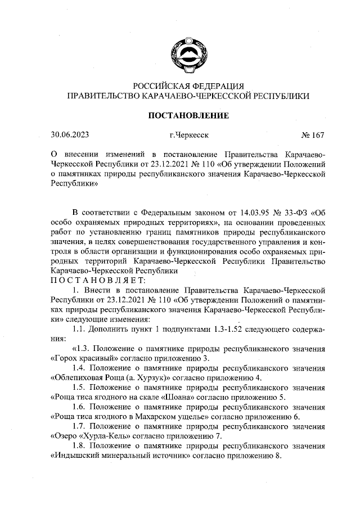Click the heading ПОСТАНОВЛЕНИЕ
(188, 116)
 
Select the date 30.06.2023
(69, 135)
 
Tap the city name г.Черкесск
(188, 135)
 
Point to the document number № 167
(313, 135)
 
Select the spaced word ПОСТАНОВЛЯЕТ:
(98, 280)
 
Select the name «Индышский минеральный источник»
(118, 456)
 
